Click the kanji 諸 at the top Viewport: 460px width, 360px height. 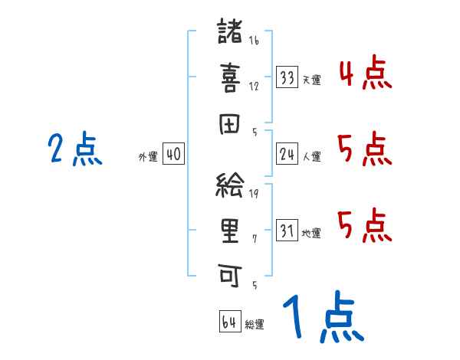click(x=230, y=33)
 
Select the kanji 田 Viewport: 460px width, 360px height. click(x=230, y=124)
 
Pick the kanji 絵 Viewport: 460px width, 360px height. click(x=230, y=185)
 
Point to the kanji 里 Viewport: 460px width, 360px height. click(x=230, y=230)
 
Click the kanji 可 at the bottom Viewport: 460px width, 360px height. click(x=230, y=273)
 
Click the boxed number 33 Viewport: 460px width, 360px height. click(x=287, y=77)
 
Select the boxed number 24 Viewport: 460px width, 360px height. click(x=287, y=155)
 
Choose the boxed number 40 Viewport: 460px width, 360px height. click(x=173, y=155)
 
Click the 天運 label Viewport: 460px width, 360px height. click(x=311, y=80)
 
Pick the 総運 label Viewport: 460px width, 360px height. click(x=255, y=324)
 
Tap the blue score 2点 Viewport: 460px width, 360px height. click(x=74, y=149)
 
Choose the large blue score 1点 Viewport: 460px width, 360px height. click(x=322, y=319)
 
